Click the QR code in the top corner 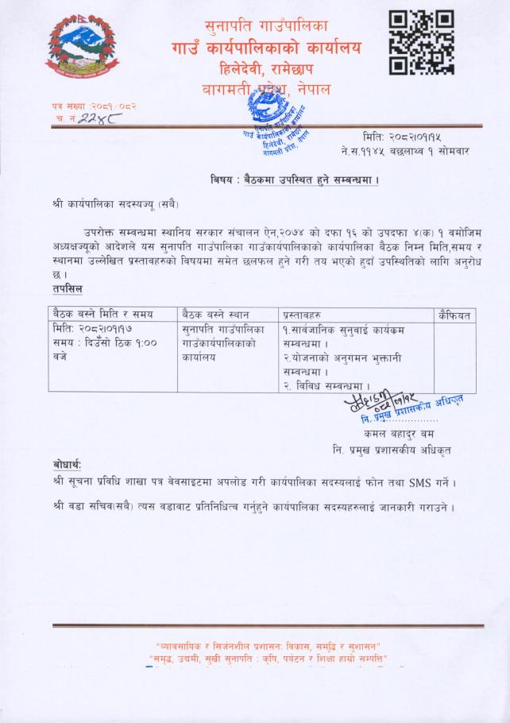tap(421, 43)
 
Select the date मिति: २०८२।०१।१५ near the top tap(401, 136)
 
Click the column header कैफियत tap(454, 315)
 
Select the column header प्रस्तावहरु tap(311, 315)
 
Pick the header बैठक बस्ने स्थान tap(216, 315)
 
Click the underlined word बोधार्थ tap(67, 464)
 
